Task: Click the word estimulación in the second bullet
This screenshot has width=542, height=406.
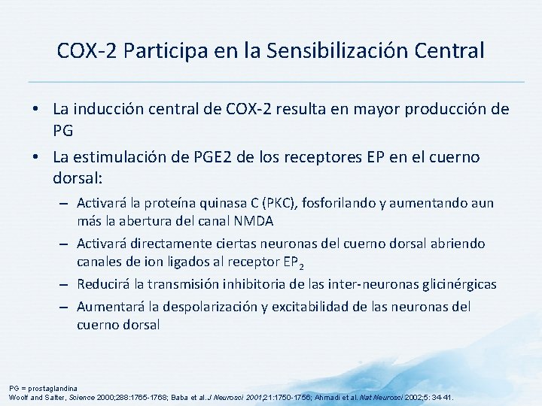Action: (x=121, y=158)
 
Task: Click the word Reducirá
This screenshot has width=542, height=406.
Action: (x=102, y=284)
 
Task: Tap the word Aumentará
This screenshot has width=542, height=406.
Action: (x=108, y=306)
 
